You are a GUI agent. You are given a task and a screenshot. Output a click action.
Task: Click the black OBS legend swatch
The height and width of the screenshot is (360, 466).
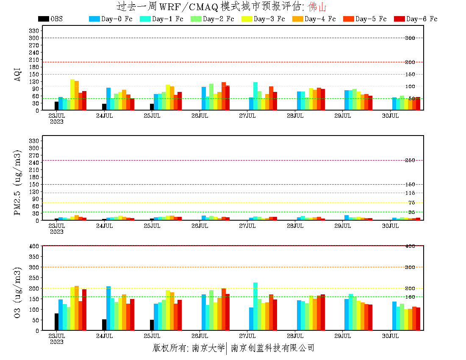point(43,19)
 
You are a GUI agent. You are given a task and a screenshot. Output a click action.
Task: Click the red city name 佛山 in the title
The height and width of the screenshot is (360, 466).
point(317,7)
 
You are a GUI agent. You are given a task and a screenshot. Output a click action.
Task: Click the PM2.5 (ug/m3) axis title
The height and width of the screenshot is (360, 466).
point(18,183)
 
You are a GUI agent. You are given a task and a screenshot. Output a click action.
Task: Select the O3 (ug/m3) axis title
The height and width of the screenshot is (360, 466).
point(18,292)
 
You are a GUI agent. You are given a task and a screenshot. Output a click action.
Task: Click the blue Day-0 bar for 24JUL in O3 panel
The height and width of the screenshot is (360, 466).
point(108,308)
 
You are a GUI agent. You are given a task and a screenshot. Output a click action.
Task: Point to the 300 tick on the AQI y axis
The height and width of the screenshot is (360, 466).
point(35,38)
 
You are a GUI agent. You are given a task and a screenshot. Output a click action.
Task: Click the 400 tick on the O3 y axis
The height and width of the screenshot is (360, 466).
point(35,246)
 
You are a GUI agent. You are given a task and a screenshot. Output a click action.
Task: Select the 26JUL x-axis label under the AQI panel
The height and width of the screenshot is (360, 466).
point(200,116)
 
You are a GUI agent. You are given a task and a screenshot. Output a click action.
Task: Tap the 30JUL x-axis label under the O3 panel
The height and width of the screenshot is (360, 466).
point(391,336)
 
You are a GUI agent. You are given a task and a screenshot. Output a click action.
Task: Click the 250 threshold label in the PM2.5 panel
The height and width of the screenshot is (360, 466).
point(410,160)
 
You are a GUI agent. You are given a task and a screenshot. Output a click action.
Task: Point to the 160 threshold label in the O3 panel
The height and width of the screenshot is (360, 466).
point(410,296)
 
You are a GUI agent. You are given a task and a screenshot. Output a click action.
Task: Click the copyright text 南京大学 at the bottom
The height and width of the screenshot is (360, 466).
point(208,349)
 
